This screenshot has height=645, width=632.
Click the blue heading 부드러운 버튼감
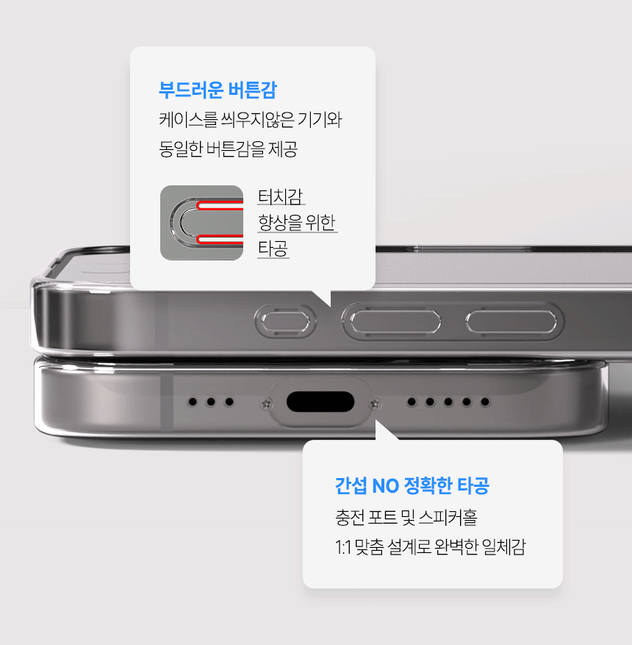(218, 90)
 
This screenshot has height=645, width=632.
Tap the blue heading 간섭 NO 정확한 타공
(412, 486)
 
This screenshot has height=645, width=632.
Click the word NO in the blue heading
(385, 486)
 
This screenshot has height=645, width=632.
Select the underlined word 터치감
(281, 197)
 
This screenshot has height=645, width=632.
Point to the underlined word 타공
(273, 249)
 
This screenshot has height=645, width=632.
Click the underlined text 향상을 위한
(297, 223)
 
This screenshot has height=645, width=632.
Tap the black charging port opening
(320, 402)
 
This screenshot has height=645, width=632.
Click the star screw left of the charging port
(266, 404)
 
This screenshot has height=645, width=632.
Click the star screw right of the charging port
(374, 404)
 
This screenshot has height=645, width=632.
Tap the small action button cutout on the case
(286, 321)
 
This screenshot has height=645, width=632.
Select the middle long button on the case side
(395, 321)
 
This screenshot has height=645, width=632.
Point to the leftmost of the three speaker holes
(193, 402)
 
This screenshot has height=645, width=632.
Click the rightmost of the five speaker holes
(485, 402)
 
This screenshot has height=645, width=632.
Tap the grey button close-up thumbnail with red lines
(202, 223)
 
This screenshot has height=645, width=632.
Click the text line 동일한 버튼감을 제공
(228, 149)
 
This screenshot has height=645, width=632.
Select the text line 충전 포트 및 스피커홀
(406, 518)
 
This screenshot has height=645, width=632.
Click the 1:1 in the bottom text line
(343, 547)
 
